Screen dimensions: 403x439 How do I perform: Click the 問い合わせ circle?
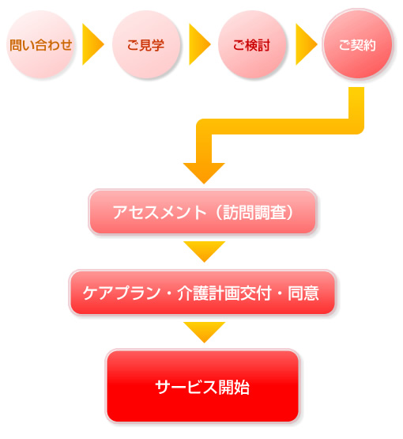coord(40,44)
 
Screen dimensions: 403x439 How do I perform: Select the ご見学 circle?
coord(145,44)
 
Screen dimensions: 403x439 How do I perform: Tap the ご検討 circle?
coord(252,44)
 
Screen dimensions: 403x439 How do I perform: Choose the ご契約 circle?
coord(358,44)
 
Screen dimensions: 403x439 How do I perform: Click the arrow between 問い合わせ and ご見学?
coord(92,44)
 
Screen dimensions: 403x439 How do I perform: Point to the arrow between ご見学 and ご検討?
coord(199,44)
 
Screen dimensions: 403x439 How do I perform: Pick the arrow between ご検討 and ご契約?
coord(306,44)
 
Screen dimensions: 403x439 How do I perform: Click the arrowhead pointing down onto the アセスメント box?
coord(204,173)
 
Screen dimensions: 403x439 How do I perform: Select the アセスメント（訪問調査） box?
coord(202,212)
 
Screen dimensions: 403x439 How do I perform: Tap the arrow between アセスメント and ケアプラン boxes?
coord(204,251)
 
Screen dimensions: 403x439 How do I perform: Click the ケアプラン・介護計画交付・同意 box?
coord(202,293)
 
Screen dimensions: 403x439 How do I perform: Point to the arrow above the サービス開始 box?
coord(204,331)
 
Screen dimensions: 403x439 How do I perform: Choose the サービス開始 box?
coord(202,386)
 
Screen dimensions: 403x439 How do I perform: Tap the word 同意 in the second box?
coord(303,293)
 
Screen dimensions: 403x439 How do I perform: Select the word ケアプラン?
coord(122,293)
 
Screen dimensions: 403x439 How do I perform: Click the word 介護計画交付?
coord(224,293)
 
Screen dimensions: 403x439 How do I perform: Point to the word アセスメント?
coord(160,213)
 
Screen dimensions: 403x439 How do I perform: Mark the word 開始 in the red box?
coord(234,388)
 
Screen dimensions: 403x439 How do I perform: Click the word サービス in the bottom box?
coord(186,388)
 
